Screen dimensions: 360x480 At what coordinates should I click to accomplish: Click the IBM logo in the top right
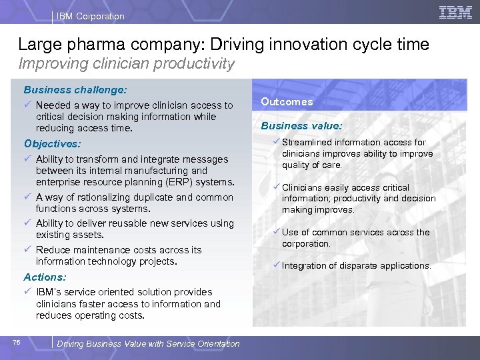[x=456, y=12]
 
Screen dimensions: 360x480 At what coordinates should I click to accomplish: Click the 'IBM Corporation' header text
[x=91, y=16]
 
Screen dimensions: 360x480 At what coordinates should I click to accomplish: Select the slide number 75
[x=17, y=343]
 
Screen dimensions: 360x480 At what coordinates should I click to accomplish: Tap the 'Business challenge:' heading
[x=75, y=89]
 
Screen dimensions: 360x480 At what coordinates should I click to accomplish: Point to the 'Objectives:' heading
[x=52, y=143]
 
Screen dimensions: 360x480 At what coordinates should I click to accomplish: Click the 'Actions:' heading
[x=45, y=277]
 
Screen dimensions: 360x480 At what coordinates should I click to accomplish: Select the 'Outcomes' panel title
[x=287, y=102]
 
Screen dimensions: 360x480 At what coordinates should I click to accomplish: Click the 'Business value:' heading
[x=301, y=125]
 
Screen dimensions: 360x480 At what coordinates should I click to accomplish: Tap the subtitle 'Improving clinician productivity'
[x=127, y=64]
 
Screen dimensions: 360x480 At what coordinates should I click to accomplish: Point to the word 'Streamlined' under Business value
[x=307, y=142]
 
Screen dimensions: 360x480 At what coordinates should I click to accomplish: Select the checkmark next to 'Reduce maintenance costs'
[x=27, y=250]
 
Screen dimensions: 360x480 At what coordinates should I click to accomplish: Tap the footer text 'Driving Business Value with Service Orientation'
[x=149, y=344]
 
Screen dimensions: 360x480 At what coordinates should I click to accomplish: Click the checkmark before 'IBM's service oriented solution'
[x=27, y=292]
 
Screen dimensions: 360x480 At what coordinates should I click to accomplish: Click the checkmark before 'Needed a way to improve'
[x=27, y=105]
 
